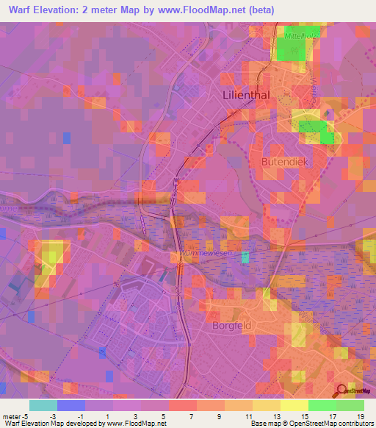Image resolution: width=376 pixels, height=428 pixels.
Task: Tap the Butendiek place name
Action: click(283, 161)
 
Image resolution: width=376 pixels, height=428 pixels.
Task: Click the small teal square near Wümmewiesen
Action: click(245, 257)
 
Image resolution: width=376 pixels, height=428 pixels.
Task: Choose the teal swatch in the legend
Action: click(43, 406)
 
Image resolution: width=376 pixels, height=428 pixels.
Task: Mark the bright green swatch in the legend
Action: click(350, 406)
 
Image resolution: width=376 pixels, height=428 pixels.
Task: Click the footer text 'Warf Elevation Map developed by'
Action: click(46, 423)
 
